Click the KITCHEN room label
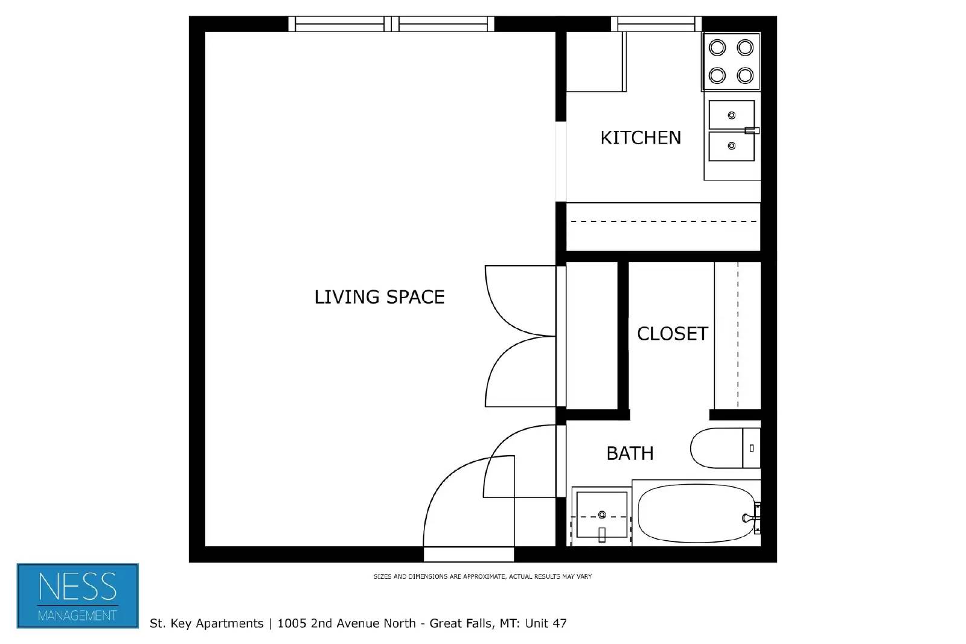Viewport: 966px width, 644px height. tap(640, 138)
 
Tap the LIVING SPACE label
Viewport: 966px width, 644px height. tap(379, 297)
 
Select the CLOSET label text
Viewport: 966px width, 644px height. tap(672, 334)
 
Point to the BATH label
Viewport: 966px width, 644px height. tap(630, 453)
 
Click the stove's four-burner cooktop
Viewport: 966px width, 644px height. tap(731, 62)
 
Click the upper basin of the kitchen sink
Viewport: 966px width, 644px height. tap(731, 115)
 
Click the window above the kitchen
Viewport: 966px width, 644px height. tap(656, 24)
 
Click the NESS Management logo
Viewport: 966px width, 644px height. tap(78, 596)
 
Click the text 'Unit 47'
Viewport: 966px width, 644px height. tap(546, 623)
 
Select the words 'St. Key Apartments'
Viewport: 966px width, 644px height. tap(206, 623)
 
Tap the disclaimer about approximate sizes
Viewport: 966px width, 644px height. tap(482, 576)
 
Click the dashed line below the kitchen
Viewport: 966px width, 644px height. tap(663, 222)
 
